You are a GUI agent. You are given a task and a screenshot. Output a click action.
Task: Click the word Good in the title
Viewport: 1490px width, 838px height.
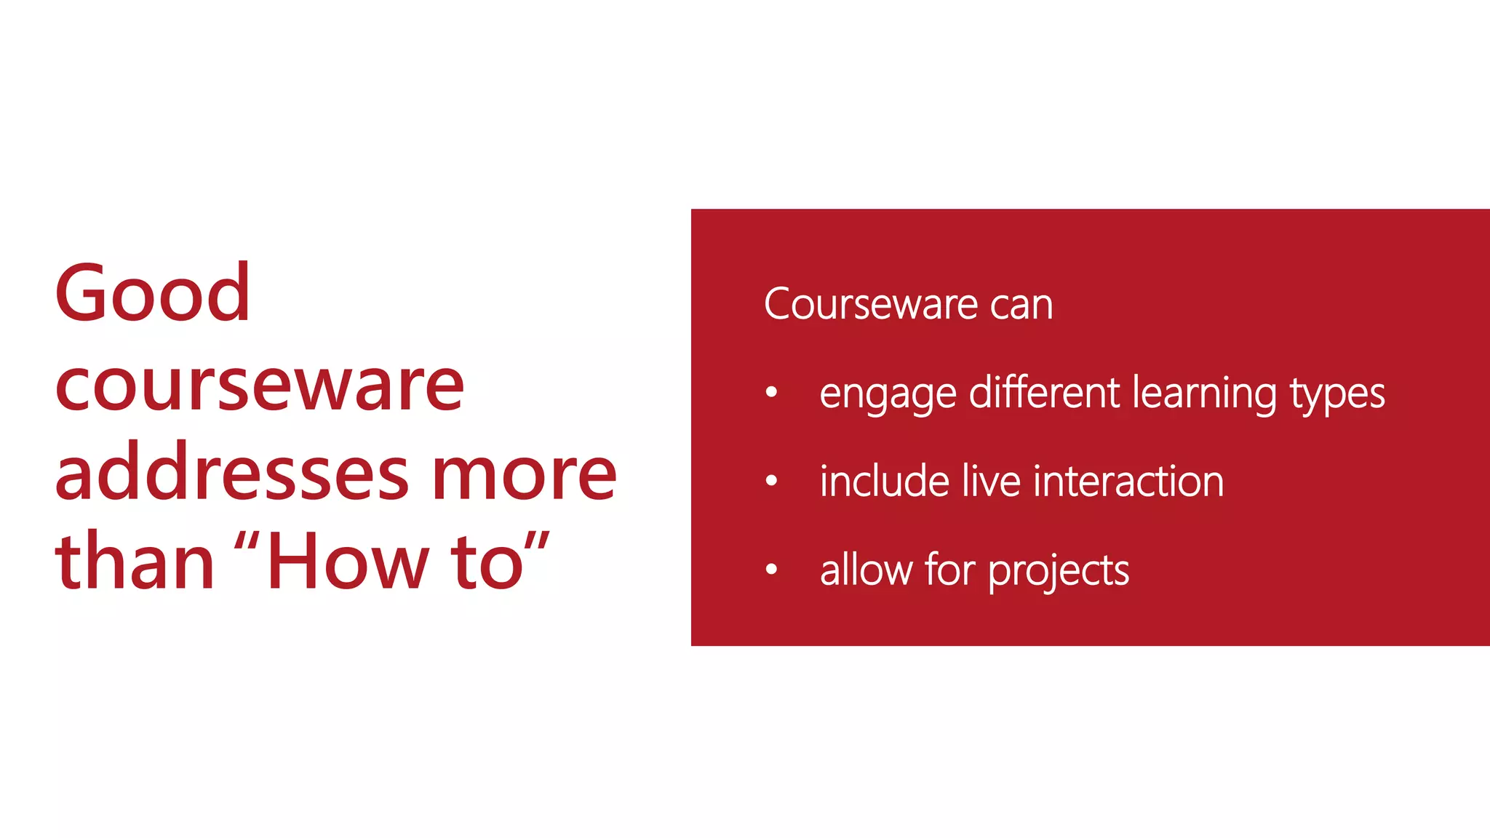153,294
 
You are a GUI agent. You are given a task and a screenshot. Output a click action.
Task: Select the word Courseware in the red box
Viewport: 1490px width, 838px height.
869,304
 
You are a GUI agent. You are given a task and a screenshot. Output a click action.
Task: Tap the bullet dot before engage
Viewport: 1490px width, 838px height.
772,393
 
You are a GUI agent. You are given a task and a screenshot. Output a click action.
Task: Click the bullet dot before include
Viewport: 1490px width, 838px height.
772,481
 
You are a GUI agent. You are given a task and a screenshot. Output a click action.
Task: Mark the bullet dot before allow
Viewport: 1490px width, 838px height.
772,570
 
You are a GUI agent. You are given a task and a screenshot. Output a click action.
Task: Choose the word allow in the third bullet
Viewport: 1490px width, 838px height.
866,570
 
